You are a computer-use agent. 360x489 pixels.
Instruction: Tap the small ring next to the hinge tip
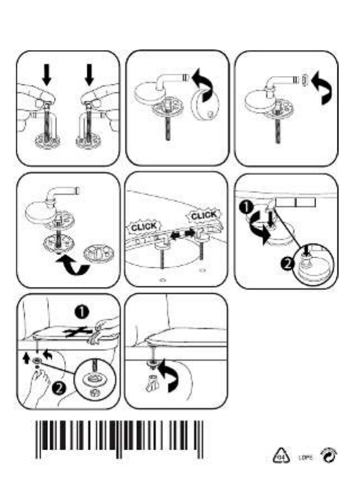[x=304, y=80]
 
